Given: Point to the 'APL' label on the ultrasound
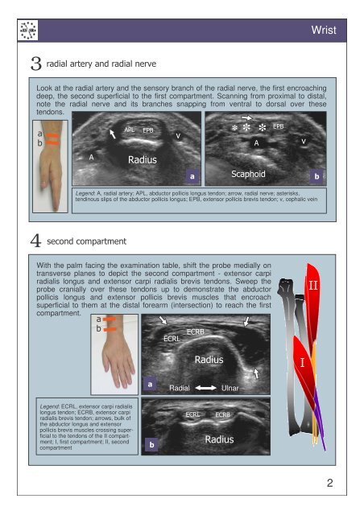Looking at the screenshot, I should click(x=129, y=128).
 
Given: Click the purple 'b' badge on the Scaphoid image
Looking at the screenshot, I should click(x=317, y=175).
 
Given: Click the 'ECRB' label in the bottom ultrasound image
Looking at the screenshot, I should click(x=223, y=414).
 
